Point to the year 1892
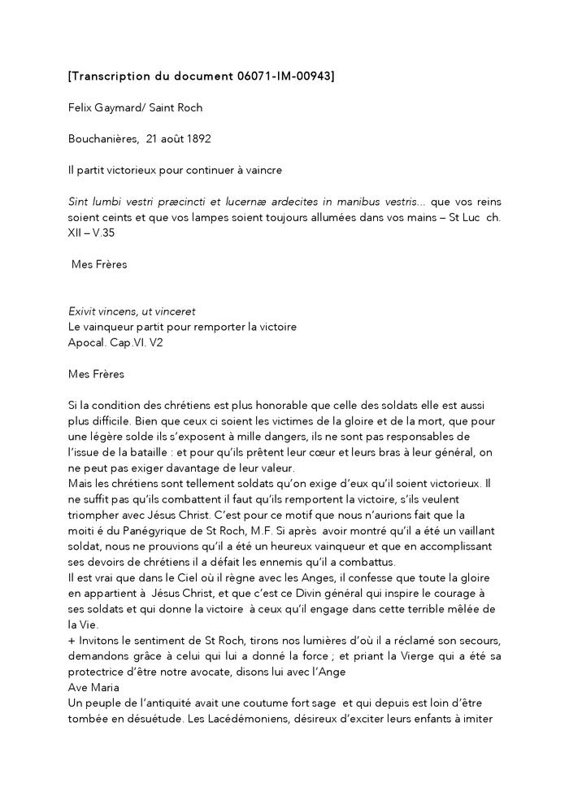[x=198, y=138]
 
